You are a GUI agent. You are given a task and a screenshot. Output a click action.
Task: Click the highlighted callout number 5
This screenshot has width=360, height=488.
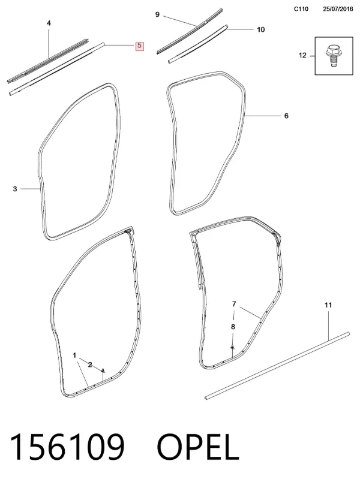point(139,46)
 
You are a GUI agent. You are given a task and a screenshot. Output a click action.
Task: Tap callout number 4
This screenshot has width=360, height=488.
point(49,23)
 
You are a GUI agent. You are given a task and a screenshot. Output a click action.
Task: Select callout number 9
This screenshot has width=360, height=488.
point(157,14)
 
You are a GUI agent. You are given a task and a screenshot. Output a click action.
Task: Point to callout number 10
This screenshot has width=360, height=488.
point(261,29)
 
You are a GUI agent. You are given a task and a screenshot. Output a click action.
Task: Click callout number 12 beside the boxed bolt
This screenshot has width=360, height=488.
point(302,55)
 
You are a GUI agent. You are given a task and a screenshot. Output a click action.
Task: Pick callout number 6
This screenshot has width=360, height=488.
point(287,116)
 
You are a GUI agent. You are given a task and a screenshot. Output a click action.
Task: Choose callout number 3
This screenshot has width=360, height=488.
point(15,189)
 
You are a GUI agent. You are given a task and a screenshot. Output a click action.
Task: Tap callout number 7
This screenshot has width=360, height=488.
point(234,304)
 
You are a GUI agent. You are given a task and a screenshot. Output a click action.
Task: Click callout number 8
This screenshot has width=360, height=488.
point(233,327)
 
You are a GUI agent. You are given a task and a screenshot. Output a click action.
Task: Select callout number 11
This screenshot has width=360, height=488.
point(328,305)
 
